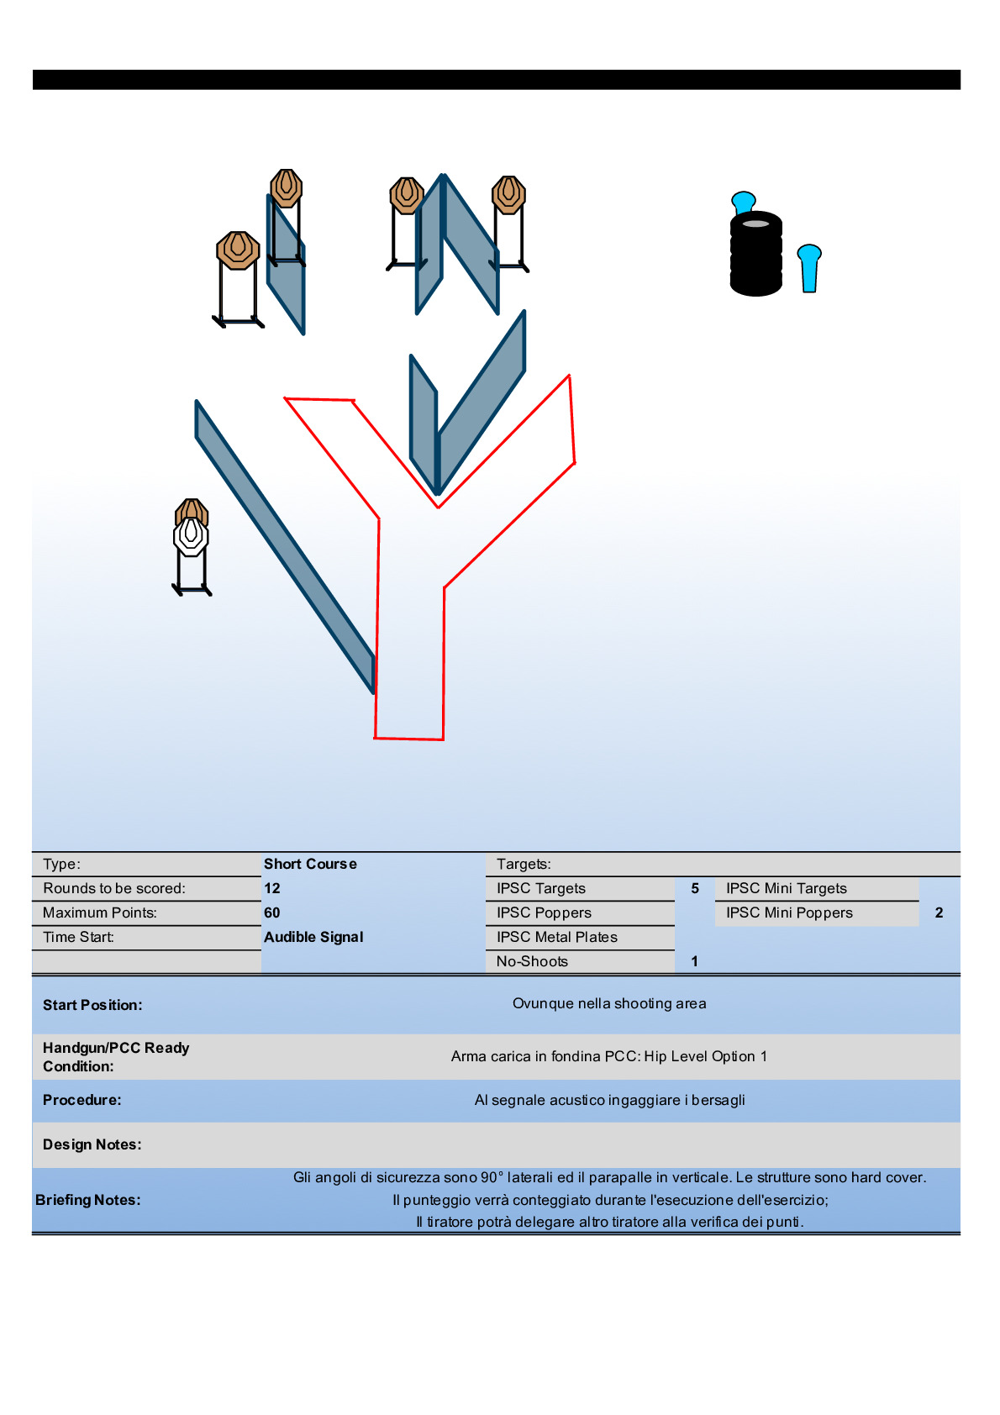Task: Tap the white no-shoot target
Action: click(x=191, y=536)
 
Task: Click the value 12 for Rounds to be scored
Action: click(x=272, y=888)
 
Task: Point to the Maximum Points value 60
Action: click(x=272, y=913)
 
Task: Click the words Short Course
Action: click(x=310, y=864)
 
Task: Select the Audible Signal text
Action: click(x=313, y=937)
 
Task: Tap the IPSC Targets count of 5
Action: click(x=695, y=888)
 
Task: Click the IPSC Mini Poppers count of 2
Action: click(x=939, y=913)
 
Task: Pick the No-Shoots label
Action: click(x=532, y=961)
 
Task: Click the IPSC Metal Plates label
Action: click(x=556, y=937)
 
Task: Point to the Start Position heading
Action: click(x=92, y=1005)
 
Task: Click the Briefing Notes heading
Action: click(x=88, y=1200)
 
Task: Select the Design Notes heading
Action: click(x=92, y=1144)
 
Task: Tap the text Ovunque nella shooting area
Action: click(x=609, y=1003)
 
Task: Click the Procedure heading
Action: click(x=82, y=1100)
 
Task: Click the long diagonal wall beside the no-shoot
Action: click(x=284, y=546)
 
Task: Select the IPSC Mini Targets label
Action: click(x=787, y=888)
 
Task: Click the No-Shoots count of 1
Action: click(x=695, y=961)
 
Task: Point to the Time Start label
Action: click(x=78, y=937)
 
